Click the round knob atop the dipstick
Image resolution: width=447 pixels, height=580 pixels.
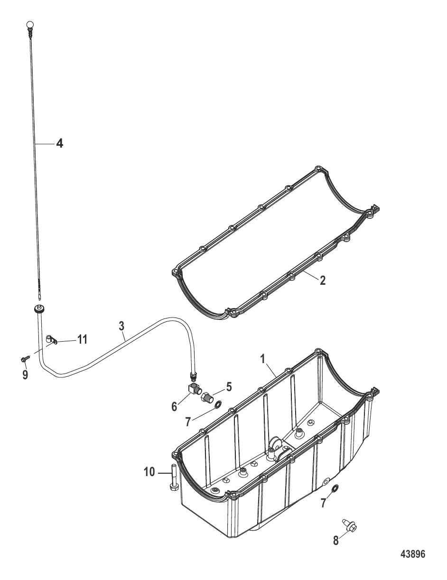coord(30,24)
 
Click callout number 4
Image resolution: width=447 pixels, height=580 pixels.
coord(59,143)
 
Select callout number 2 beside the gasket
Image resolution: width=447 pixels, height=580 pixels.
coord(323,281)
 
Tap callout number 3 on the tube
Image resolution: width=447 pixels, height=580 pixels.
coord(121,326)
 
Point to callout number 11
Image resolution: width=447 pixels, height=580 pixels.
coord(83,339)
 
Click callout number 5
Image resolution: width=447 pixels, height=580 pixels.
coord(229,387)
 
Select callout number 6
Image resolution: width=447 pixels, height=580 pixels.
coord(174,406)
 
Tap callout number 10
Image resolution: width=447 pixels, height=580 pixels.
coord(149,472)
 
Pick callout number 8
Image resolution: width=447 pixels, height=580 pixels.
coord(335,541)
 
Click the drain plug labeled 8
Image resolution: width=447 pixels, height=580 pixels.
coord(350,524)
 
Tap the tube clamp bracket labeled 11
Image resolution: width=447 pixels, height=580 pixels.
coord(51,340)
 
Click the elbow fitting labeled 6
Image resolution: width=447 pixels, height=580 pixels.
coord(195,390)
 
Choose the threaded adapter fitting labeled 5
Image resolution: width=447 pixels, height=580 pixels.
coord(207,397)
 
